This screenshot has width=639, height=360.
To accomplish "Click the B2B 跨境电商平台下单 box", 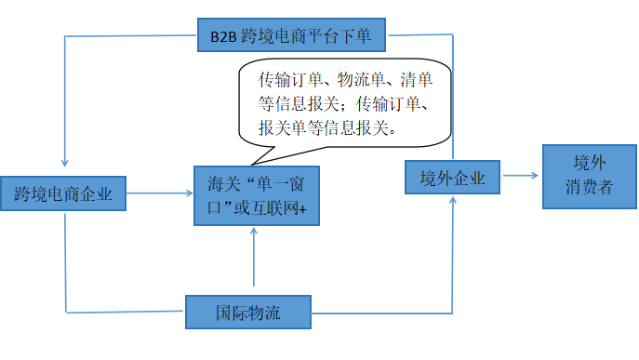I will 292,37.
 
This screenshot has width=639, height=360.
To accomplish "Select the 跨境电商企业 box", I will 63,193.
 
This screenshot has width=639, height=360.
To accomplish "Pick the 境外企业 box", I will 453,177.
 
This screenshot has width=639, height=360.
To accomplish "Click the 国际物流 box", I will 247,311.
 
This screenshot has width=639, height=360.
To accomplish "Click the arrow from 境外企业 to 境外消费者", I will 521,176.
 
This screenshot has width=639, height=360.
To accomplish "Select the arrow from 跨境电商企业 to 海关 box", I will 158,193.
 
